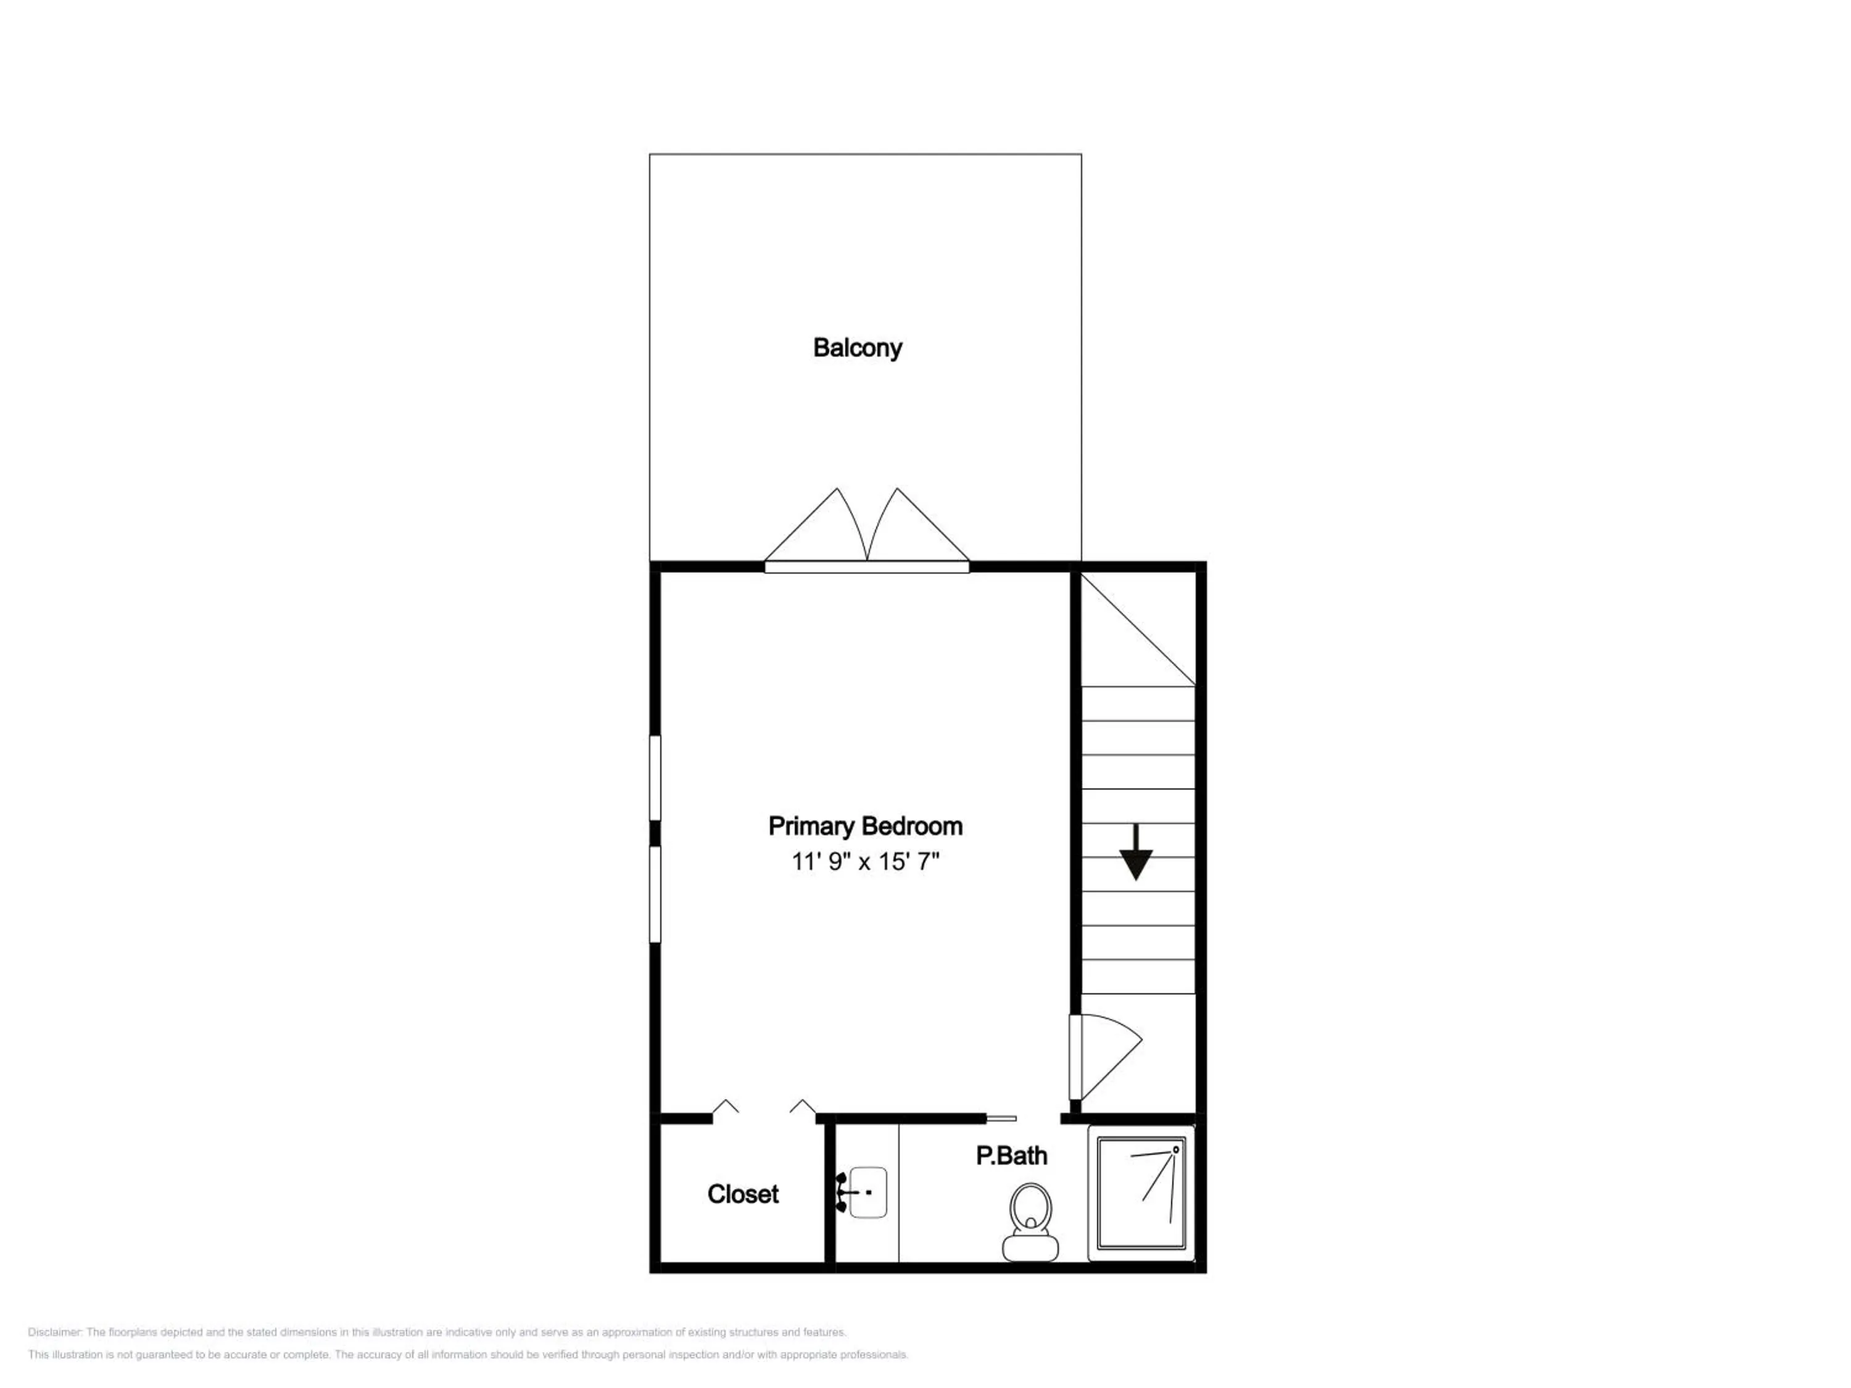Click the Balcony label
857,347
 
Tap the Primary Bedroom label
865,826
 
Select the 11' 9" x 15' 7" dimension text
865,862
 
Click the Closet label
742,1194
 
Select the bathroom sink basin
868,1192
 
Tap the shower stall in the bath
1141,1192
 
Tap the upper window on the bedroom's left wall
655,778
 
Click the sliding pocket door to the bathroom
1001,1118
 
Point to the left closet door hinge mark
726,1107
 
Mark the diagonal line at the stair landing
1138,629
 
